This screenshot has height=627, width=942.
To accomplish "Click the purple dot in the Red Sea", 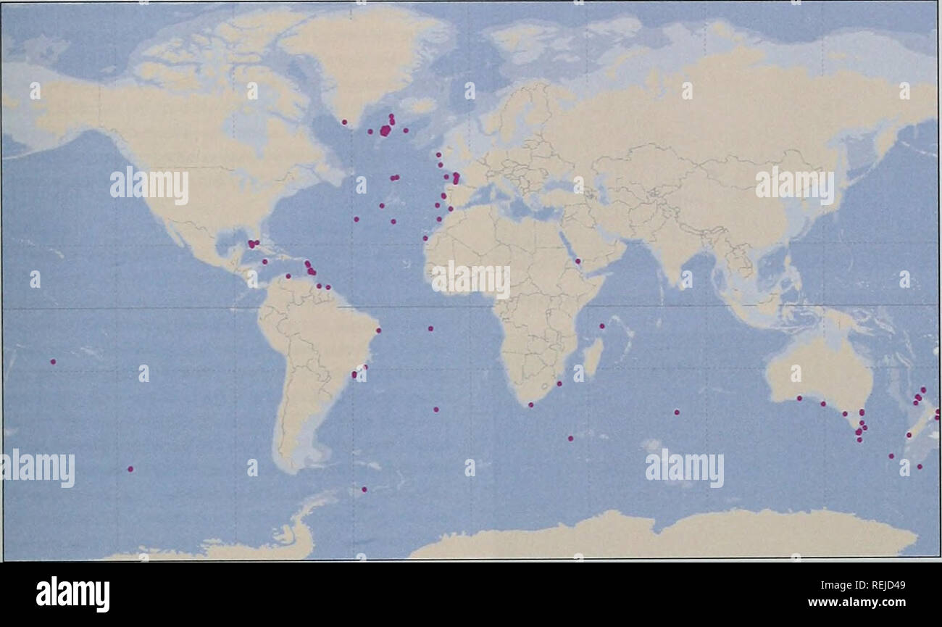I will pyautogui.click(x=578, y=261).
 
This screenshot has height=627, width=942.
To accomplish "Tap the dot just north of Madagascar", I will pyautogui.click(x=601, y=326).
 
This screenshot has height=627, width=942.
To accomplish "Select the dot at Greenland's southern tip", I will pyautogui.click(x=344, y=122).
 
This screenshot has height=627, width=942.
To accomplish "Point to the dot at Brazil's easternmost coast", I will pyautogui.click(x=378, y=331).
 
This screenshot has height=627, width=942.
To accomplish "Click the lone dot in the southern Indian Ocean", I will pyautogui.click(x=677, y=412).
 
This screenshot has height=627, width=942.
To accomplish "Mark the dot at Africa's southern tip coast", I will pyautogui.click(x=530, y=404).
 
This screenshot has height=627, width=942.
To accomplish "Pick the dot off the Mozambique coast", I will pyautogui.click(x=559, y=383).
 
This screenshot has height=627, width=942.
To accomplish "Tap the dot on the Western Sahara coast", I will pyautogui.click(x=425, y=238).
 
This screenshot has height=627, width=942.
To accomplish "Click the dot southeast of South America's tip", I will pyautogui.click(x=364, y=489).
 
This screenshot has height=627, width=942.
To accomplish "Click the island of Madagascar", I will pyautogui.click(x=592, y=358).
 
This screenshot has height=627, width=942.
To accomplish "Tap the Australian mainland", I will pyautogui.click(x=819, y=370).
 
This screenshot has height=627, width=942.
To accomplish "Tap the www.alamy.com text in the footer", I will pyautogui.click(x=857, y=602).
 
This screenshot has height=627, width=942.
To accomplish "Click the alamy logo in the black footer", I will pyautogui.click(x=72, y=594).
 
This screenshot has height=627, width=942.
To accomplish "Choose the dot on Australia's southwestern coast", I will pyautogui.click(x=799, y=398).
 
